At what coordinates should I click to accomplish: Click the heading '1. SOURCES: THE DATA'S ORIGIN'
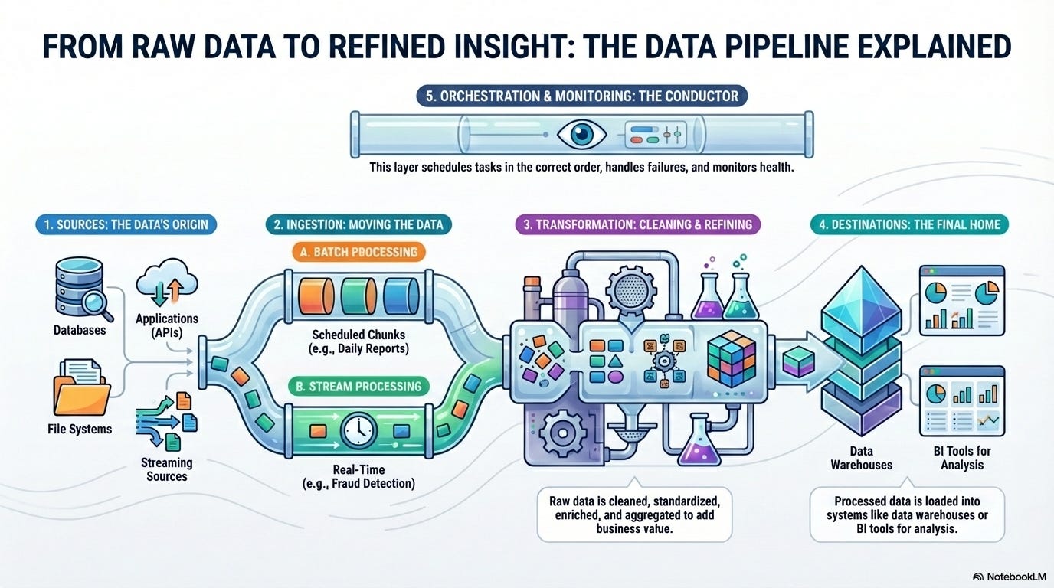coord(126,224)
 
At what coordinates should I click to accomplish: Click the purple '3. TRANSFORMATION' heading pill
coord(637,224)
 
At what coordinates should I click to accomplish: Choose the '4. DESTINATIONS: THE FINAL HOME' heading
coord(910,224)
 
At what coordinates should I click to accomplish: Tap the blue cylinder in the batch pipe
coord(399,293)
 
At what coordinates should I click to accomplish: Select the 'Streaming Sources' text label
coord(166,469)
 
